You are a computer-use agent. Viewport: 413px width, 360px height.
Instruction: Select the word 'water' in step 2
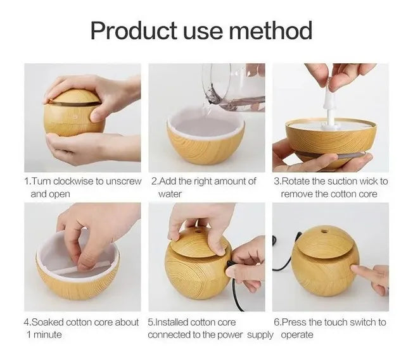[170, 194]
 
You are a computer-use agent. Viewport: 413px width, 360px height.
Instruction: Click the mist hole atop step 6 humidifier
[325, 232]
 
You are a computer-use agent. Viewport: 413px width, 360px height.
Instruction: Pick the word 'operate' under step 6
[297, 335]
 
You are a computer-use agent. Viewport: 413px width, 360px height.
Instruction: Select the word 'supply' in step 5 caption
[260, 335]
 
